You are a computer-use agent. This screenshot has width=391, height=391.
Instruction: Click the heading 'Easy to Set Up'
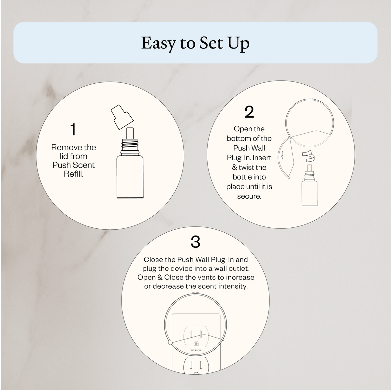[x=195, y=43]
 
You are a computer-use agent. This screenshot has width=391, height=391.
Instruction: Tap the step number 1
[x=73, y=129]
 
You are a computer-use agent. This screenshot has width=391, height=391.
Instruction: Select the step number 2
[x=249, y=112]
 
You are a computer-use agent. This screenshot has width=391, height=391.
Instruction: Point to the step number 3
[x=195, y=241]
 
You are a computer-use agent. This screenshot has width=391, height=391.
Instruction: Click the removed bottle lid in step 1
[x=122, y=117]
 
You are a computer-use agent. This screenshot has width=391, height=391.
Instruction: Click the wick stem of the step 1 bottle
[x=130, y=133]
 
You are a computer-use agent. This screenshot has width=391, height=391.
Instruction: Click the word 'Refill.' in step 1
[x=74, y=174]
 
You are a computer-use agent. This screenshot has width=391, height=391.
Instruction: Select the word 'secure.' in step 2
[x=249, y=196]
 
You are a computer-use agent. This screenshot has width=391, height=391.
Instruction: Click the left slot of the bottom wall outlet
[x=191, y=370]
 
